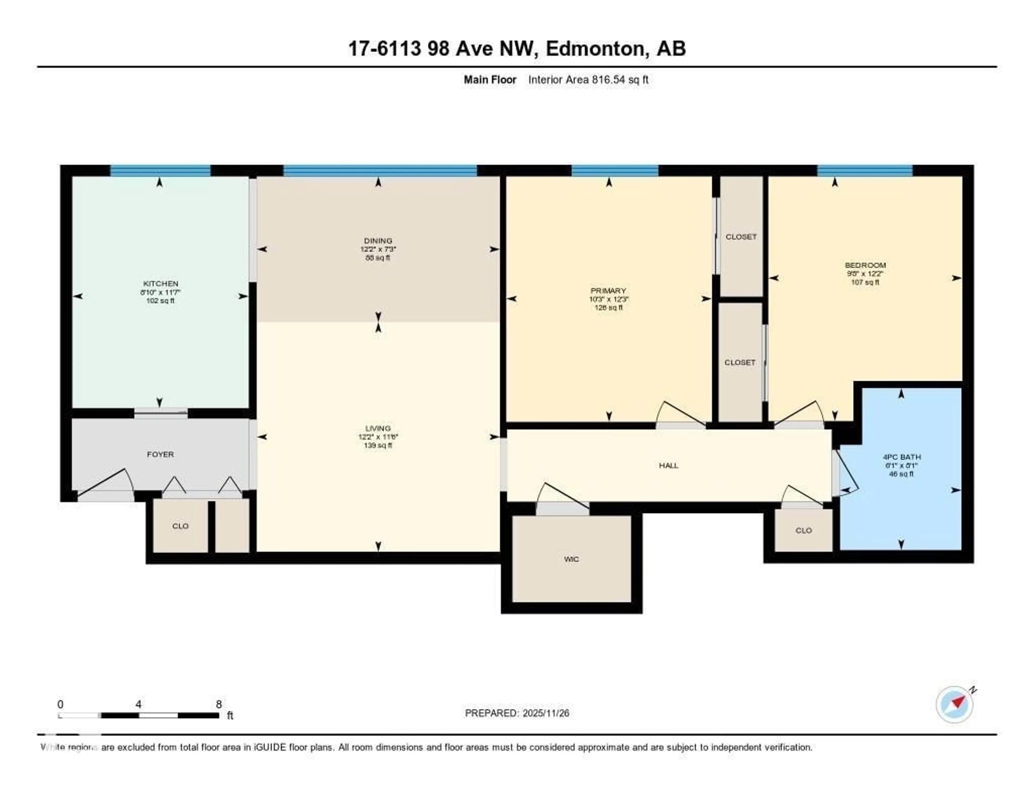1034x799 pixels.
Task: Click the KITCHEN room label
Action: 160,283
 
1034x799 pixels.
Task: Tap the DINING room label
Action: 378,241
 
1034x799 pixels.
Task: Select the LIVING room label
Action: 378,428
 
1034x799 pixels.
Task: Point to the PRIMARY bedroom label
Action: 608,290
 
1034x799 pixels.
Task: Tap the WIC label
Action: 571,559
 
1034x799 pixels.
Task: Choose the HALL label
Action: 669,465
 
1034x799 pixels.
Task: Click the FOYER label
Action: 160,454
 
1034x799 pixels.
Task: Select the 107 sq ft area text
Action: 865,282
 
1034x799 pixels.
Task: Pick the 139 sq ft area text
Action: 378,445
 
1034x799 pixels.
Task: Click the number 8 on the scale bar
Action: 219,704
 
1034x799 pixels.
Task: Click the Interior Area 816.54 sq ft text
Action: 588,79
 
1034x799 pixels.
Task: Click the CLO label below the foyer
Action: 180,526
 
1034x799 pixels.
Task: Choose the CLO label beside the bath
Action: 804,530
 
